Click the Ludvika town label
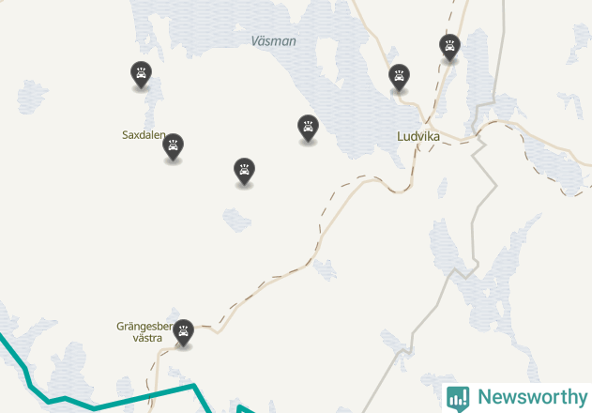pyautogui.click(x=418, y=135)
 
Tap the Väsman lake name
pyautogui.click(x=274, y=41)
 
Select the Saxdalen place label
pyautogui.click(x=144, y=135)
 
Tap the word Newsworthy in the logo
pyautogui.click(x=531, y=396)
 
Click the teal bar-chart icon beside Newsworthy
pyautogui.click(x=458, y=397)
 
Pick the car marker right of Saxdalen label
pyautogui.click(x=173, y=145)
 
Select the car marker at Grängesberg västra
pyautogui.click(x=184, y=330)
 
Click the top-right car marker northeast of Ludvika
pyautogui.click(x=450, y=46)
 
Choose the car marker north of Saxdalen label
pyautogui.click(x=142, y=73)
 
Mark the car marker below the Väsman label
pyautogui.click(x=308, y=127)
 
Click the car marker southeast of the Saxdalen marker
pyautogui.click(x=244, y=171)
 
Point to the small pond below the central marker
pyautogui.click(x=237, y=219)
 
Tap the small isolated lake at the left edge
pyautogui.click(x=32, y=95)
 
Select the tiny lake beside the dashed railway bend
pyautogui.click(x=325, y=269)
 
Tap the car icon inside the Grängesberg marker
pyautogui.click(x=184, y=329)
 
